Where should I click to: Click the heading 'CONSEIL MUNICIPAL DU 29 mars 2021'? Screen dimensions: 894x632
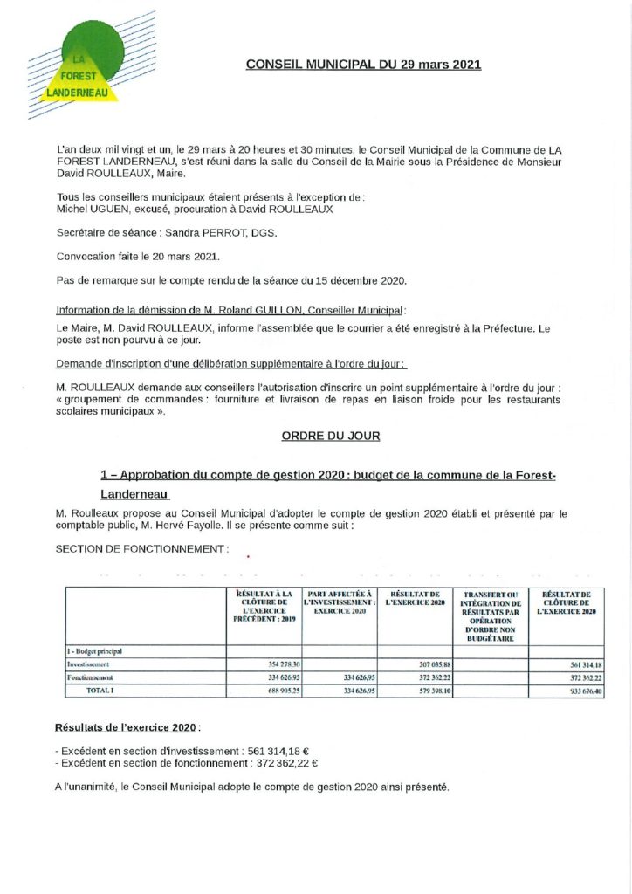(x=363, y=65)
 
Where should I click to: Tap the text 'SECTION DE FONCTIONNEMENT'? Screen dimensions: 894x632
(x=141, y=549)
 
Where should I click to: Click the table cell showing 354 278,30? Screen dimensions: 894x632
(x=274, y=665)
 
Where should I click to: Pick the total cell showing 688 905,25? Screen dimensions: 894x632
(x=274, y=691)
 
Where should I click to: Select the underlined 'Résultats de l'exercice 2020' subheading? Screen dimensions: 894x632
(x=126, y=726)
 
